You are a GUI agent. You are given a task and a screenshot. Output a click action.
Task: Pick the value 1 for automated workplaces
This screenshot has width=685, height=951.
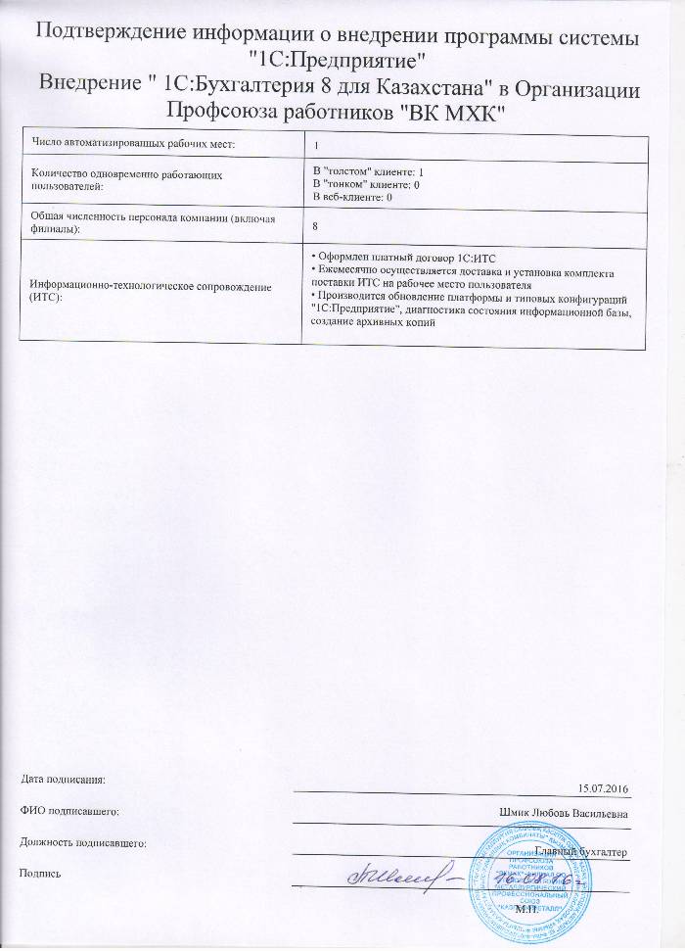coord(315,145)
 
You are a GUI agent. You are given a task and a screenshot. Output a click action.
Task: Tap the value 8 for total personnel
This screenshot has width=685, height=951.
coord(314,225)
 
